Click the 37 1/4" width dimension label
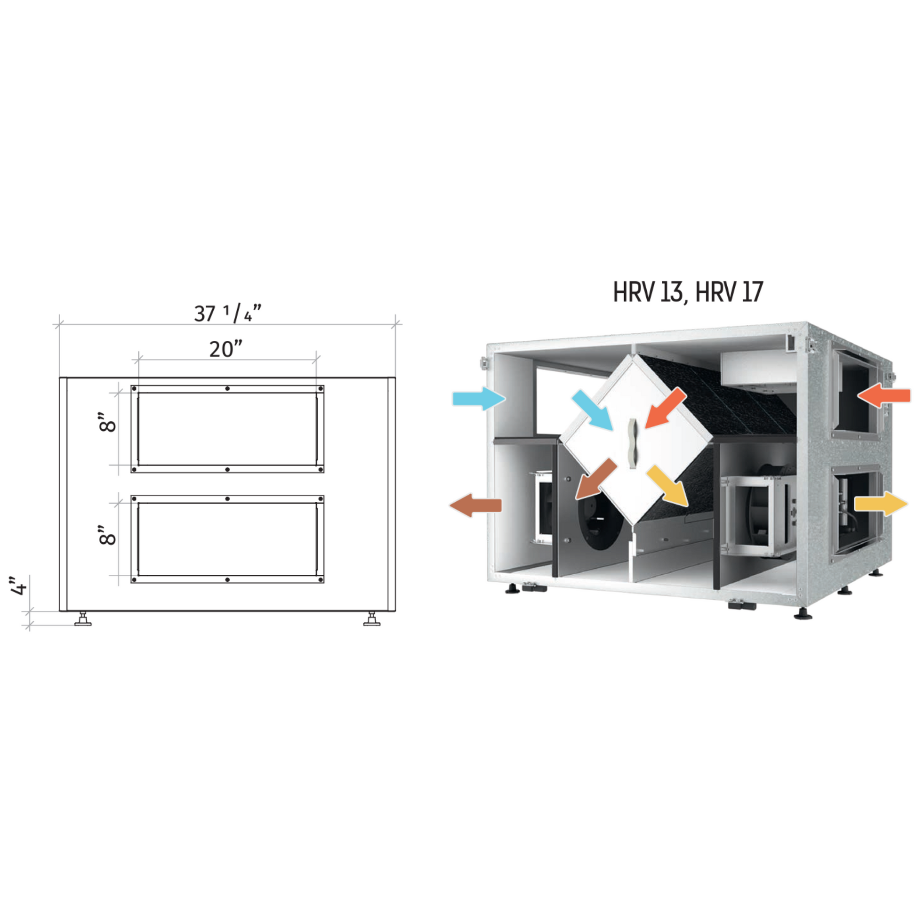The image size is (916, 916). click(227, 313)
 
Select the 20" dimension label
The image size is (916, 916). click(225, 349)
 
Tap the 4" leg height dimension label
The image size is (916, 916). click(19, 586)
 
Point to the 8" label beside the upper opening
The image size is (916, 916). click(108, 422)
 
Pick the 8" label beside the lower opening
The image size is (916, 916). click(108, 535)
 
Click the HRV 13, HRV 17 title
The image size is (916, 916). click(688, 292)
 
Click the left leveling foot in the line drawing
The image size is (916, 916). click(83, 619)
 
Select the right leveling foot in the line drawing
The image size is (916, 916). click(372, 619)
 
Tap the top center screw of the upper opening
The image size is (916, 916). click(227, 388)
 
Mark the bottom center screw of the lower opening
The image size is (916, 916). click(227, 580)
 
